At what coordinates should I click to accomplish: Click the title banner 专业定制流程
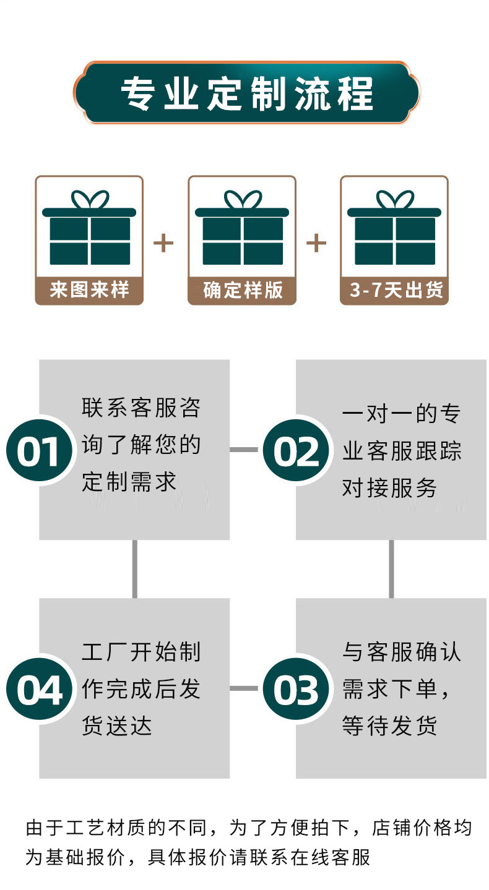click(x=246, y=93)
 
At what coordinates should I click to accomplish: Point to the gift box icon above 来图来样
click(x=89, y=229)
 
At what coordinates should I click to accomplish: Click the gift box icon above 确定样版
click(x=242, y=229)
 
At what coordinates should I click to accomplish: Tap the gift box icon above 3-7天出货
click(x=394, y=229)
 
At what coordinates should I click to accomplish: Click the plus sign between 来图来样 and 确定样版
click(x=163, y=243)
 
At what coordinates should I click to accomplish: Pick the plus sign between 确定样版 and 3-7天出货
click(x=316, y=243)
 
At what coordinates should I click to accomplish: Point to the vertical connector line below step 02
click(x=391, y=568)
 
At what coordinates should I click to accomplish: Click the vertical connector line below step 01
click(x=135, y=568)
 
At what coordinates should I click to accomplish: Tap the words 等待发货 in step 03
click(x=390, y=725)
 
